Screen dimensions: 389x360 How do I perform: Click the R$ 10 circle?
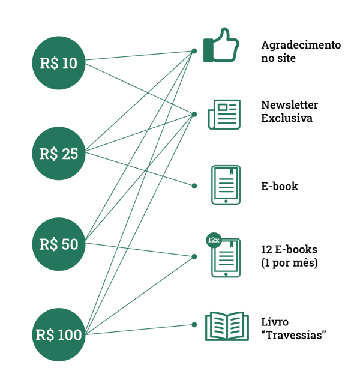tap(59, 63)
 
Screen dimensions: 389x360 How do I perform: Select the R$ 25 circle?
tap(59, 154)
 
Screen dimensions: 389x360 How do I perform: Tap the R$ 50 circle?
tap(59, 244)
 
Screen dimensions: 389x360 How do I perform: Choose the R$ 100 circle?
tap(59, 335)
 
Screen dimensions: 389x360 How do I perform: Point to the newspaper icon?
tap(224, 114)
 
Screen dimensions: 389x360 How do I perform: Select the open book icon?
tap(227, 326)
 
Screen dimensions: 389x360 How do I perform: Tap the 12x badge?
tap(213, 240)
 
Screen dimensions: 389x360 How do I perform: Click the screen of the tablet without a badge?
tap(226, 182)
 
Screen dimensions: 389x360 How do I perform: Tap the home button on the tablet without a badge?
tap(226, 201)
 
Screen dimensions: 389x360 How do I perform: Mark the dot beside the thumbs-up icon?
tap(194, 51)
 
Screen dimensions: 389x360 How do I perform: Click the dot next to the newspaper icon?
tap(194, 114)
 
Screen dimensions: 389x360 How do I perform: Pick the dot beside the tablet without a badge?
tap(194, 186)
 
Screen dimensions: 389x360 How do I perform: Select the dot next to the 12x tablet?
tap(194, 256)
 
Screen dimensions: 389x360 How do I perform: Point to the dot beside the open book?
tap(194, 325)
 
